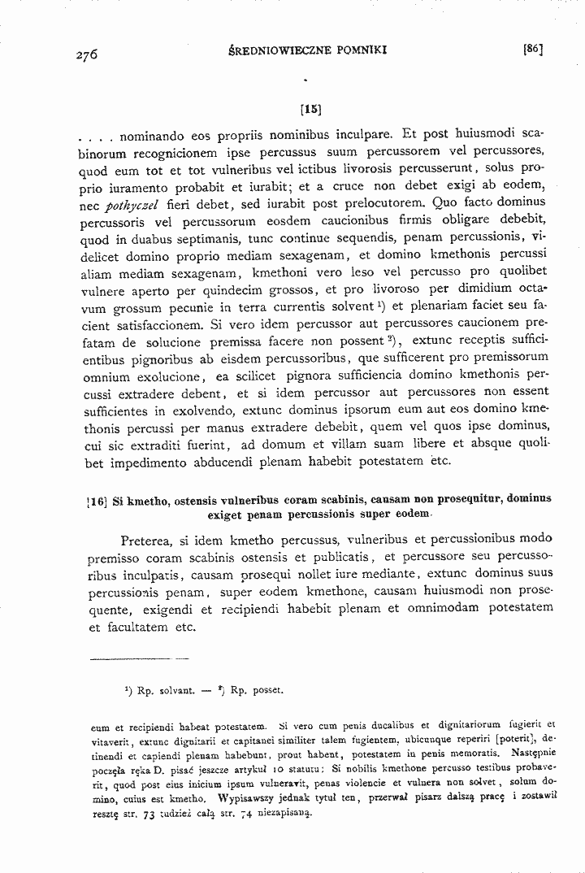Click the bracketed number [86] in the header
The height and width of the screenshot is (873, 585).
(x=533, y=49)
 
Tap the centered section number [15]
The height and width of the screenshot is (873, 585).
(x=310, y=106)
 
